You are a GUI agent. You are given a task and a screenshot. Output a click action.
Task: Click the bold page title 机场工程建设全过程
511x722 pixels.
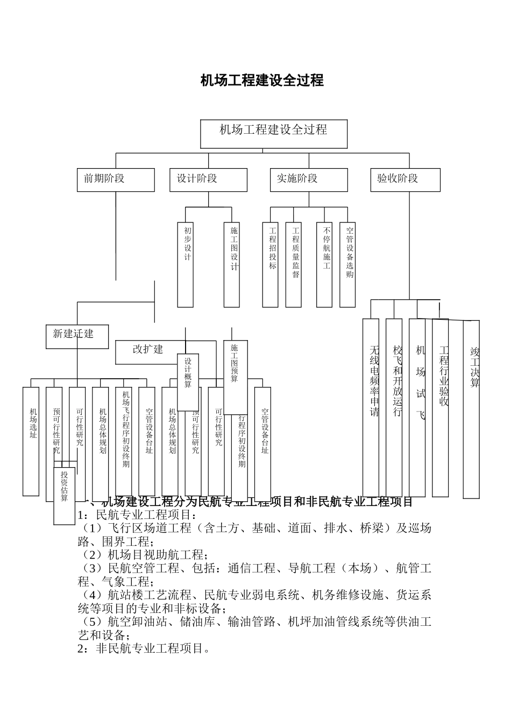(x=262, y=81)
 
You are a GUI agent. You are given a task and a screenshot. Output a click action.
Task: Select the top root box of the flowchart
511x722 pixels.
(x=274, y=134)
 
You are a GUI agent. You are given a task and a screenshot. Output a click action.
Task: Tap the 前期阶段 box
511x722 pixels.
(x=116, y=179)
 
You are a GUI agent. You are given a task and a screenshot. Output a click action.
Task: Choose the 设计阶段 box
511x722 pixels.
(x=208, y=179)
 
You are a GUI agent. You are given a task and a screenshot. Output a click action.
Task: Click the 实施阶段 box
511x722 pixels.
(x=309, y=179)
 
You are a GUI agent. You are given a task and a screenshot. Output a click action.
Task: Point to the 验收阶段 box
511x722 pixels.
(x=406, y=179)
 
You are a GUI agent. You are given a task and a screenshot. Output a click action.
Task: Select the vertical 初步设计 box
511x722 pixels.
(x=186, y=264)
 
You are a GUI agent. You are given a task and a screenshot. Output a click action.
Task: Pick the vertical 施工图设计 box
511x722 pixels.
(x=232, y=264)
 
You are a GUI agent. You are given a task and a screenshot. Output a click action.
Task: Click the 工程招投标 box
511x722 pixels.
(x=271, y=264)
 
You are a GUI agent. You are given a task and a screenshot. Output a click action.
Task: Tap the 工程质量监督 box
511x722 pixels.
(x=294, y=264)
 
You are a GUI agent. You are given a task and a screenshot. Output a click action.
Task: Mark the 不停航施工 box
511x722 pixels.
(x=324, y=264)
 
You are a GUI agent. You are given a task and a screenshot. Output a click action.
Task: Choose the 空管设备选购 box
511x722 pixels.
(x=347, y=264)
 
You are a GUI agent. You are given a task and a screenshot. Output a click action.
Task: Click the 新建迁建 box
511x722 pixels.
(x=77, y=336)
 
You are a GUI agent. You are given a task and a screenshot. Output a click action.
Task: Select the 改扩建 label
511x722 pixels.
(x=147, y=350)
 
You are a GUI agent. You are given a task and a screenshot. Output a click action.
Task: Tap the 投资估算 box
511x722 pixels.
(x=64, y=494)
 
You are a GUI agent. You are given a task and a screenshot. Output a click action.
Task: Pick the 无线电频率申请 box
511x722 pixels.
(x=371, y=407)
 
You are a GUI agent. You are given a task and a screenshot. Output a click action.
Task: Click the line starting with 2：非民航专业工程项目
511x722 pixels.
(x=144, y=649)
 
